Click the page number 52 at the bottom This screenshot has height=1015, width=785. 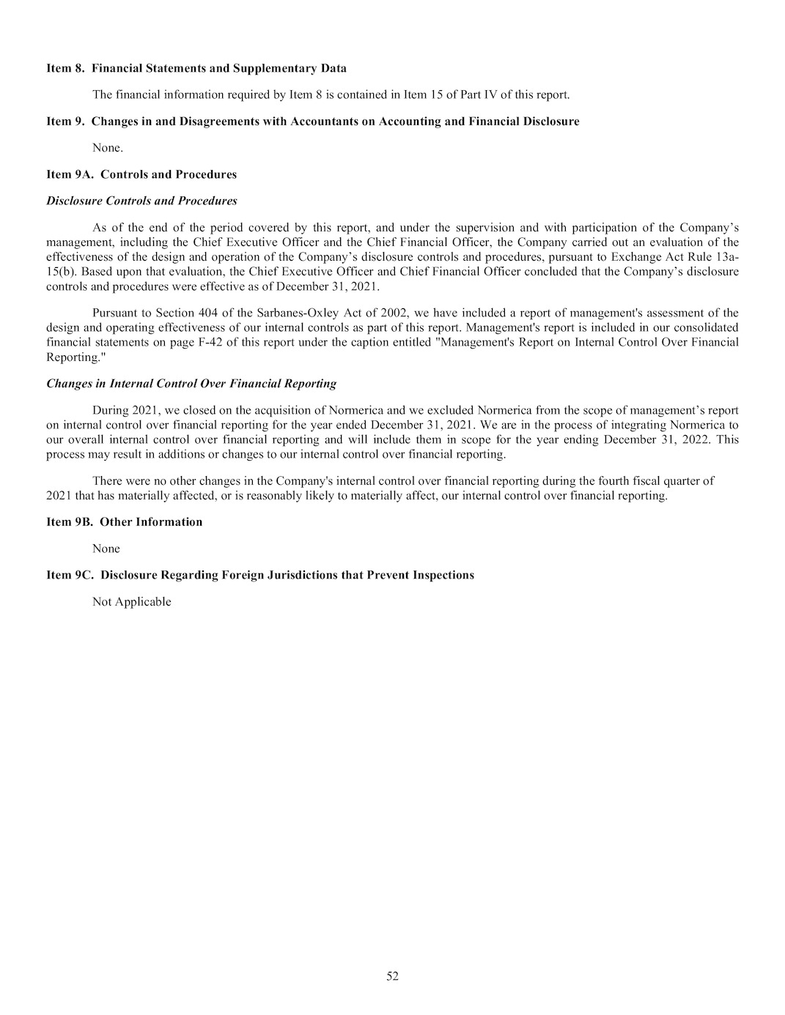point(392,975)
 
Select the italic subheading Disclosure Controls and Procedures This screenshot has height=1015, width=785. point(141,201)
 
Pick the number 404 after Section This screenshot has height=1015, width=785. point(208,313)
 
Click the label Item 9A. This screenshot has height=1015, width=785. point(70,174)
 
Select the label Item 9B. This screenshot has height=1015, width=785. point(70,521)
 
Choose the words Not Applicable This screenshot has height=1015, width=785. point(132,601)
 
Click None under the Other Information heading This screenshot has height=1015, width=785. point(106,549)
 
